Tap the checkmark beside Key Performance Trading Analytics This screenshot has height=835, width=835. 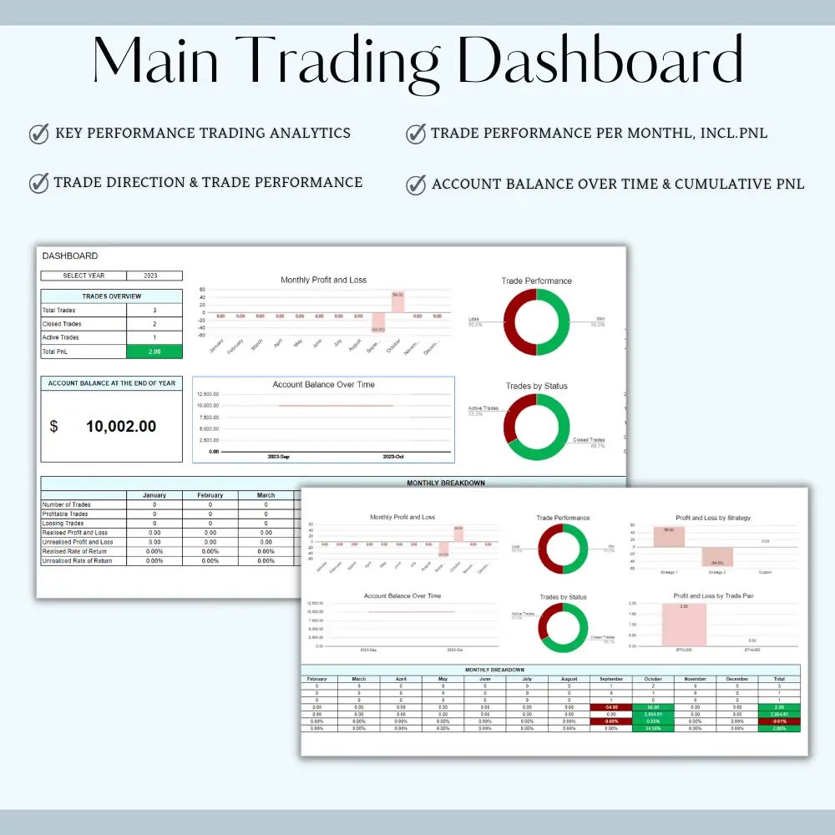pos(38,134)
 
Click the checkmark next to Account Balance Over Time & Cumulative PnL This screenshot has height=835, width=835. pos(416,184)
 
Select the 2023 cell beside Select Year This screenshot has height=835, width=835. pos(154,276)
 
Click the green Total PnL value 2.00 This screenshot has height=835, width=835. pos(154,352)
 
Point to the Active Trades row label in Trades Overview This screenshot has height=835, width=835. pos(63,337)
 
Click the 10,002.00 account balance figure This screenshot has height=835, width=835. pos(120,427)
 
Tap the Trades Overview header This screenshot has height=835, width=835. pos(112,296)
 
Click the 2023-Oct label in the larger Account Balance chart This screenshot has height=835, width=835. pos(392,458)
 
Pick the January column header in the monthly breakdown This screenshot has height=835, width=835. pos(154,495)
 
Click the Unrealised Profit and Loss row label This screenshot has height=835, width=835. pos(78,542)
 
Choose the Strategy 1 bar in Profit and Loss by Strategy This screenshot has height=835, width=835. pos(669,537)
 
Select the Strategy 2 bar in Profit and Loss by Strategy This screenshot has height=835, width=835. pos(716,557)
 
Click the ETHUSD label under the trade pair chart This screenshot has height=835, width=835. pos(753,649)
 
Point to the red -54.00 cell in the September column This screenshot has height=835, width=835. pos(611,707)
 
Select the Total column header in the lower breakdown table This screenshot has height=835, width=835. pos(779,679)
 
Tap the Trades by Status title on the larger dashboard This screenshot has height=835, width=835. pos(536,386)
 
